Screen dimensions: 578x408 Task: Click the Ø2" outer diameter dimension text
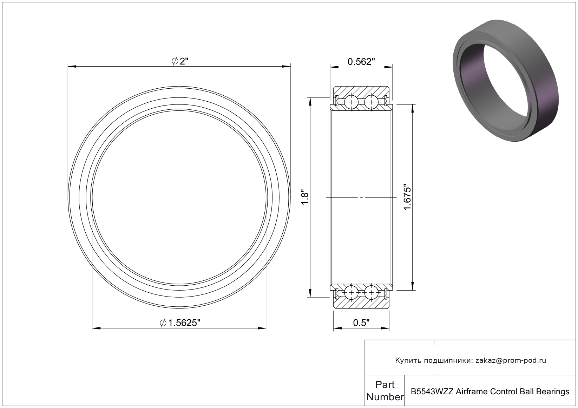click(x=180, y=61)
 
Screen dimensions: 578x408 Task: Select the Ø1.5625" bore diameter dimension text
click(x=180, y=323)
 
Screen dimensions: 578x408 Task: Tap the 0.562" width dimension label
click(x=361, y=62)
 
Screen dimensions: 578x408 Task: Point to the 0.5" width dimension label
click(x=361, y=323)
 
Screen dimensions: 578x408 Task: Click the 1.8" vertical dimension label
click(x=305, y=198)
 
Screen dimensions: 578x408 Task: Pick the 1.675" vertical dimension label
click(x=407, y=197)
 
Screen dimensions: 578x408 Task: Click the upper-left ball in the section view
click(x=351, y=102)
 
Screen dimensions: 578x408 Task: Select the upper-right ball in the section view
click(x=371, y=102)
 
